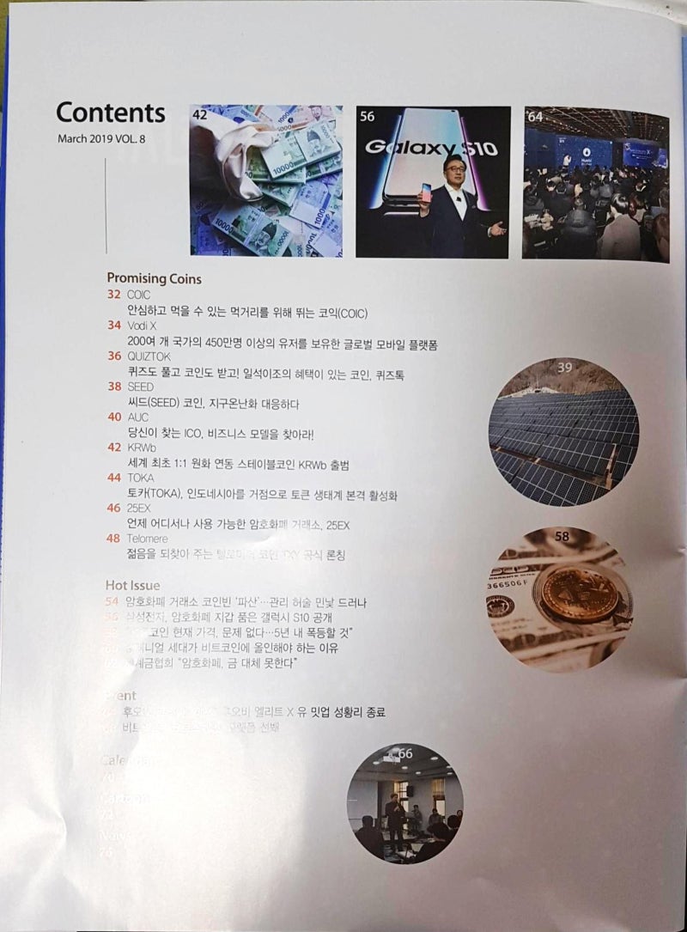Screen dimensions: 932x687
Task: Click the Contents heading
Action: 110,113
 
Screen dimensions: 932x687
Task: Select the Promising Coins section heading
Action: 154,278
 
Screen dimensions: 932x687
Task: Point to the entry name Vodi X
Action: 141,326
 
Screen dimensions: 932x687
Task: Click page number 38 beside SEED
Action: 113,387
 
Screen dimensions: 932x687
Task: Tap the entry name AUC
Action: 137,417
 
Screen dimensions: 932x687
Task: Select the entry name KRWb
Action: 140,448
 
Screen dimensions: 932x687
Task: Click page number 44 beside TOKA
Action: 113,478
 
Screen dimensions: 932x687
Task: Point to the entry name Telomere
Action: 149,539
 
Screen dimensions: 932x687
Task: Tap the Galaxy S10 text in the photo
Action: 431,148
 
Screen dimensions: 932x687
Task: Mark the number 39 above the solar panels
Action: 564,368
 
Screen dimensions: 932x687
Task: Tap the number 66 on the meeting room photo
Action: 405,753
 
